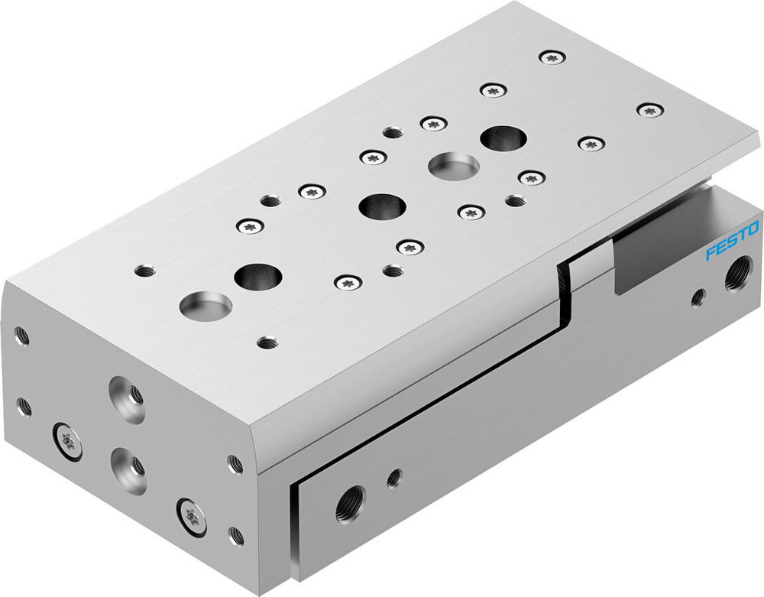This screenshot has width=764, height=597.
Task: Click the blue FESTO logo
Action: click(x=732, y=241)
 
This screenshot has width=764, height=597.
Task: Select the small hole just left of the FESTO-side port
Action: click(x=698, y=297)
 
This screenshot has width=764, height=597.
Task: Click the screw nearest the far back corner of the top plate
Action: click(x=552, y=57)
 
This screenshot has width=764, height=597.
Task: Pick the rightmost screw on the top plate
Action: click(x=649, y=110)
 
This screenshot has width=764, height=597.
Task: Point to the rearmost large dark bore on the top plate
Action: click(x=503, y=138)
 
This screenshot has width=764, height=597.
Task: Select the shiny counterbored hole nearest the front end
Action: click(x=206, y=306)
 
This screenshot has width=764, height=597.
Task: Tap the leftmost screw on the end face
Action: click(x=66, y=441)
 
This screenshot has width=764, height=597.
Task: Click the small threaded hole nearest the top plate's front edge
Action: click(x=267, y=342)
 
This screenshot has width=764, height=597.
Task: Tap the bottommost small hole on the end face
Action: click(x=236, y=534)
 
